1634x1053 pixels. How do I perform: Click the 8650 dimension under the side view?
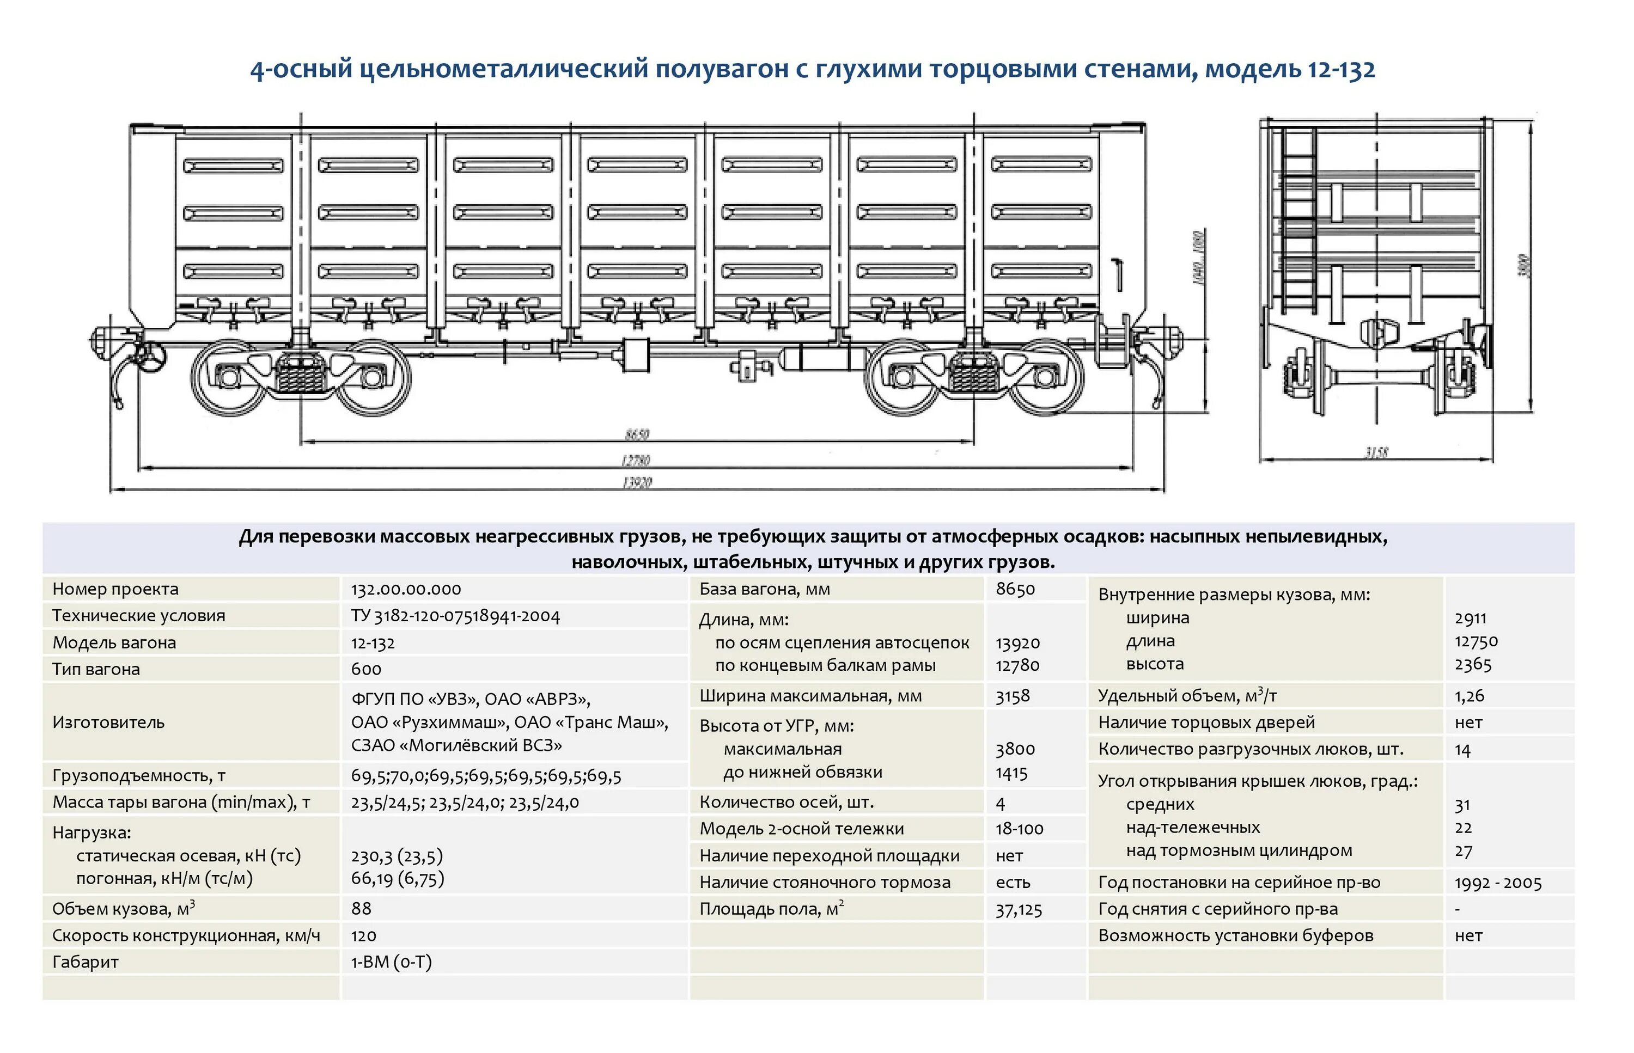[637, 434]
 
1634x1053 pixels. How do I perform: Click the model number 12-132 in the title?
[1340, 70]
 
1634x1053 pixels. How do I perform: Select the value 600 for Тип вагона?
[366, 669]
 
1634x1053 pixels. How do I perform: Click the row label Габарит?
[86, 962]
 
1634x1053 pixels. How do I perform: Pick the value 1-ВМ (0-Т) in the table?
[391, 962]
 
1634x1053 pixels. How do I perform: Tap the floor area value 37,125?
[1019, 909]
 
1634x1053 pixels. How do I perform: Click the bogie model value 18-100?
[1019, 829]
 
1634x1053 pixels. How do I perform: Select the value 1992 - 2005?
[1498, 883]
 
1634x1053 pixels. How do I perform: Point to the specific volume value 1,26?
[1469, 696]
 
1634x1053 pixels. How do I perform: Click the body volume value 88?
[361, 909]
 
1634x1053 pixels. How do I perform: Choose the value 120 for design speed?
[364, 935]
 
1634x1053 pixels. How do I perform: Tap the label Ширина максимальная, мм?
[810, 696]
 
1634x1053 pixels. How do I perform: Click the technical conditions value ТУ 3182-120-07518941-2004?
[455, 616]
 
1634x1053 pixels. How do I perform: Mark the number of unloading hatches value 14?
[1462, 749]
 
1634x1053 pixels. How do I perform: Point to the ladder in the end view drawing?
[1298, 219]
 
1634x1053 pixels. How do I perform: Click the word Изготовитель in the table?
[108, 722]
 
